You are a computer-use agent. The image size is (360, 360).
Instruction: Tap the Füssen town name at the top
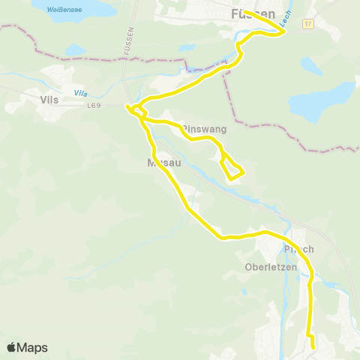253,14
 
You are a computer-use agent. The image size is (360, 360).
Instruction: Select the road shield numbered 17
307,24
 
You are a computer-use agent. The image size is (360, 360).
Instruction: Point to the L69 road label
93,106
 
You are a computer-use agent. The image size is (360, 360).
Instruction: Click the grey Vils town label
49,98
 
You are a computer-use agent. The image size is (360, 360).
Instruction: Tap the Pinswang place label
203,129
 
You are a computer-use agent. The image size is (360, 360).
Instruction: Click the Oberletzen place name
271,267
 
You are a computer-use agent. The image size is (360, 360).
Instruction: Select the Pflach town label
298,250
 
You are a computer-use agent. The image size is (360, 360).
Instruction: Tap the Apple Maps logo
27,347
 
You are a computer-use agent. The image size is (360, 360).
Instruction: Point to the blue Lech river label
285,23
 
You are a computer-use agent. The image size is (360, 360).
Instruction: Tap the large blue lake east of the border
321,101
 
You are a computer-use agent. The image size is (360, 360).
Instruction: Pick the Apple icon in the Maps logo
11,347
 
